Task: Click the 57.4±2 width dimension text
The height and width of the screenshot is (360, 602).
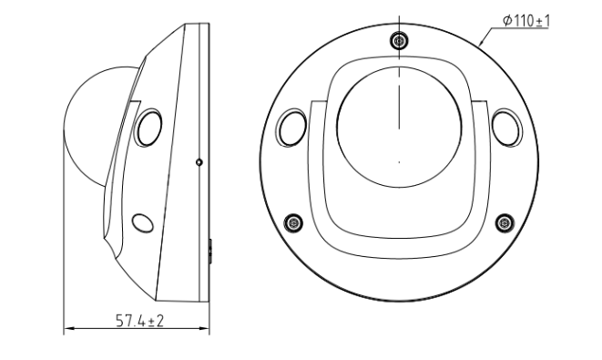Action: [x=139, y=321]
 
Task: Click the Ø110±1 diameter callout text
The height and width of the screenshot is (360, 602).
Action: [x=526, y=20]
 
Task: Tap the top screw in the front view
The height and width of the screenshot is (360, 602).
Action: [x=399, y=40]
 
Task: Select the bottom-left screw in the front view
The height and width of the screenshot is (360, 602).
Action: [x=293, y=223]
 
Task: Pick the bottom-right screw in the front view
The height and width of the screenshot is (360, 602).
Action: [x=505, y=223]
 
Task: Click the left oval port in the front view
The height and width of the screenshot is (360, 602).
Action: [x=292, y=128]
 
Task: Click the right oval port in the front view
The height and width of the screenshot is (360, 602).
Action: [x=506, y=128]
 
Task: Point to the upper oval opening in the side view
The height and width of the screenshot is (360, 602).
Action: [x=148, y=128]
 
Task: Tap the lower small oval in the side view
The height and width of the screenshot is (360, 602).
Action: [x=142, y=223]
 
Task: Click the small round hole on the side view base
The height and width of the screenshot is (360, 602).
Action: [x=199, y=162]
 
